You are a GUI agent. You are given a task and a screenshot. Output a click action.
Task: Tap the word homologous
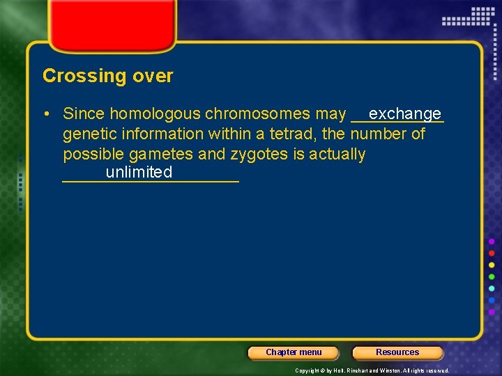[x=155, y=113]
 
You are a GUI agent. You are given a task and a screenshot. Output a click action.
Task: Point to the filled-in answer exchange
[x=405, y=113]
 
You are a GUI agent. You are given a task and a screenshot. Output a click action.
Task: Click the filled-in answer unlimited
[x=139, y=172]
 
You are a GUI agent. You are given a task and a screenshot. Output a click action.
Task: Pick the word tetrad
[x=291, y=134]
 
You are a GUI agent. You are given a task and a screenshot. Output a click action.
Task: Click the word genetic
[x=87, y=134]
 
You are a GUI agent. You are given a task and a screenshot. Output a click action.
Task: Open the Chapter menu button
[x=294, y=352]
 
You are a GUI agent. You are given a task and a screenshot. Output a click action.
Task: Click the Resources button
[x=397, y=352]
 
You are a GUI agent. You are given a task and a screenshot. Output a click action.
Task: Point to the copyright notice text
[x=372, y=370]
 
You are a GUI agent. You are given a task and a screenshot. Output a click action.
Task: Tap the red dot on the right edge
[x=492, y=253]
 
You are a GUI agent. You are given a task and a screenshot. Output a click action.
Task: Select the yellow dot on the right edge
[x=492, y=265]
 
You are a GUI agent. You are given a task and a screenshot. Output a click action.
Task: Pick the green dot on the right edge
[x=492, y=277]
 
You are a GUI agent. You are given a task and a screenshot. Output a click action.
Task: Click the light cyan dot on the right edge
[x=492, y=289]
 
